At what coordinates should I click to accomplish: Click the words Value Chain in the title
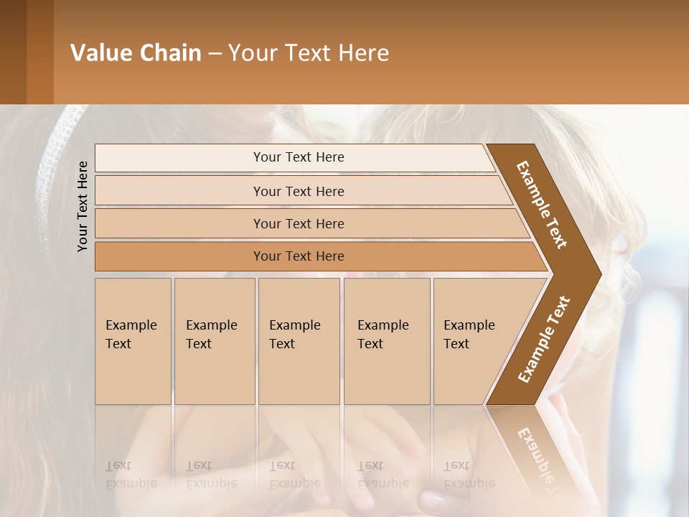coord(136,53)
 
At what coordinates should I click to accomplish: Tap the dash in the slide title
coord(215,54)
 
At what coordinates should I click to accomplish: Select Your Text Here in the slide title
coord(309,53)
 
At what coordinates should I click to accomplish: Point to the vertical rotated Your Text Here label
coord(83,207)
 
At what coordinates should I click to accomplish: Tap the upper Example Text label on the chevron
coord(542,205)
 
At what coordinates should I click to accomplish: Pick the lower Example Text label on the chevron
coord(544,339)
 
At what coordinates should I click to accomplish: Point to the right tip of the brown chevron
coord(599,274)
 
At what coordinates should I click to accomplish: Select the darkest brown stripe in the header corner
coord(13,52)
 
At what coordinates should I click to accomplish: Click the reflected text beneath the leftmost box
coord(131,475)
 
